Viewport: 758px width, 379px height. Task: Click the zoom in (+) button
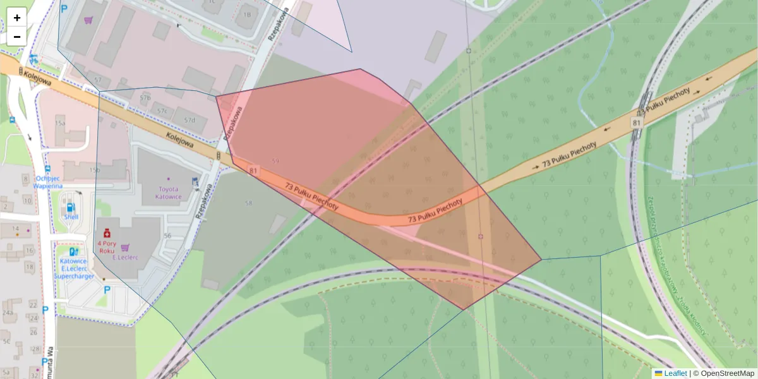click(17, 18)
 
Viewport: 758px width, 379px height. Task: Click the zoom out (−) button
click(17, 37)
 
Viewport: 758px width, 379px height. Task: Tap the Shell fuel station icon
click(70, 207)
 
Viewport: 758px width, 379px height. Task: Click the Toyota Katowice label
click(169, 193)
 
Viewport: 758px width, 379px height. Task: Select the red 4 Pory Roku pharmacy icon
click(107, 232)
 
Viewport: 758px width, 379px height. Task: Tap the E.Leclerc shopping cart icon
click(125, 248)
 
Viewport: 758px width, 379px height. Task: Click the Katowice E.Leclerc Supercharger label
click(75, 268)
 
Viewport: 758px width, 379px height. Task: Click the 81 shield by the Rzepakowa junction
click(254, 171)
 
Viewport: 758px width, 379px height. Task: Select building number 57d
click(190, 120)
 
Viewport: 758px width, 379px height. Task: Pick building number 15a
click(61, 122)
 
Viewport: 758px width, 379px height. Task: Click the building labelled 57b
click(145, 99)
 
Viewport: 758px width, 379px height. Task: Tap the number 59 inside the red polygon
click(275, 162)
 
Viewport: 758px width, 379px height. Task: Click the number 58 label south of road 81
click(248, 203)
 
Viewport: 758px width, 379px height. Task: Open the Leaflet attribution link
click(675, 373)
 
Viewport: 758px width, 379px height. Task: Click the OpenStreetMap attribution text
click(724, 373)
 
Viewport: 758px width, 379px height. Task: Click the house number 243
click(8, 313)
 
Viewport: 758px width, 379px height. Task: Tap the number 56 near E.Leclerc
click(167, 236)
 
